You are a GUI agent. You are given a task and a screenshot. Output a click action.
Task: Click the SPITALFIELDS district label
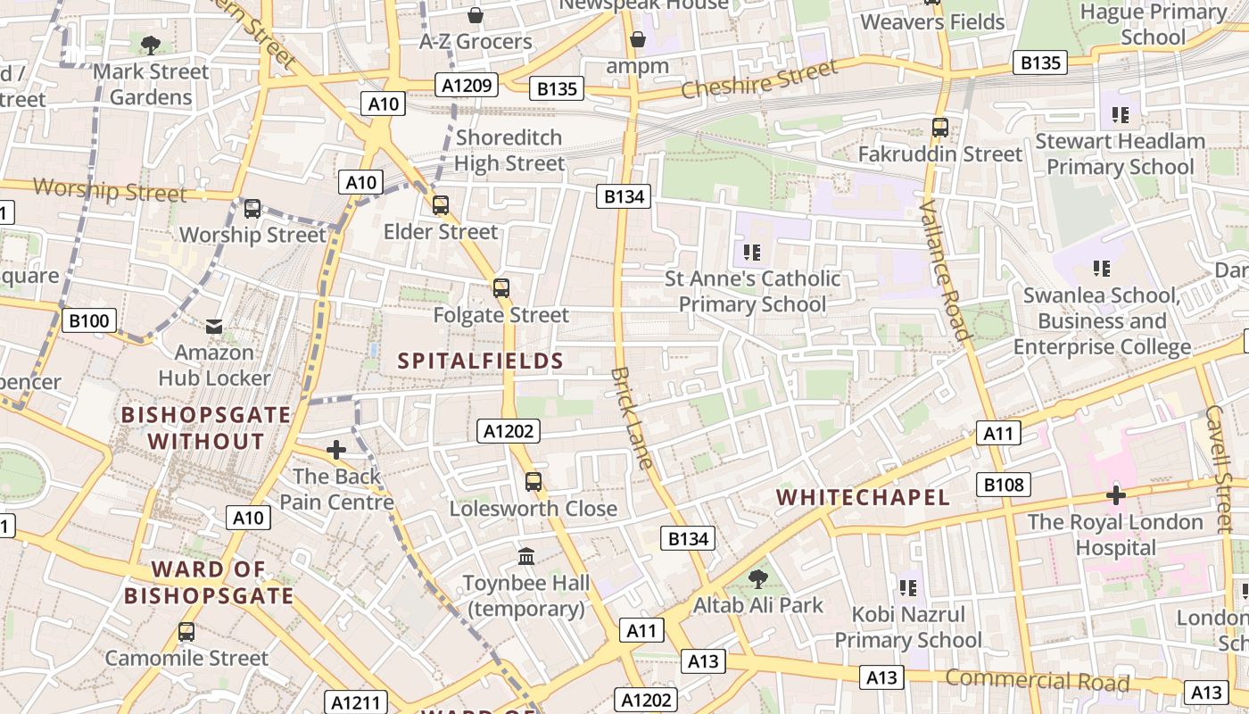pos(480,361)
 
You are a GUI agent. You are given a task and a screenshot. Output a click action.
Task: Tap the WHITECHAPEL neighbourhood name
pos(863,497)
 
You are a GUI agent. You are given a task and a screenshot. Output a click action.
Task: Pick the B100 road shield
pos(89,320)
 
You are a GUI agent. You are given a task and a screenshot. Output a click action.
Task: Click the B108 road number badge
pos(1004,485)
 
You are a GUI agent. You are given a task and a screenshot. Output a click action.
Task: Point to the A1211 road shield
pos(356,702)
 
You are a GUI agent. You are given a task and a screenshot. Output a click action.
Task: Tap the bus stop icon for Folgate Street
pos(501,288)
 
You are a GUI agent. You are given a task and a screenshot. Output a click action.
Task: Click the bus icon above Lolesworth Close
pos(534,482)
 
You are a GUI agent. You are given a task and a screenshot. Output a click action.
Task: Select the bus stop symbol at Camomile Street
pos(186,632)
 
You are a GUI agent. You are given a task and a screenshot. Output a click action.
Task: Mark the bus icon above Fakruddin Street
pos(940,128)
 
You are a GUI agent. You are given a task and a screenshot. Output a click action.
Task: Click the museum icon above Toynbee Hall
pos(526,557)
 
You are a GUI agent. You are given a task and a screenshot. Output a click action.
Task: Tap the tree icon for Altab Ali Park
pos(757,579)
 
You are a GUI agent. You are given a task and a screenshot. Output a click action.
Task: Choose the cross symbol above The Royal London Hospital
pos(1115,494)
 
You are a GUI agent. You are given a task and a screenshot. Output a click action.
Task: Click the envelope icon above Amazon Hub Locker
pos(214,327)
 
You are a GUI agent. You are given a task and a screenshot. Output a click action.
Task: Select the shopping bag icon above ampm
pos(637,39)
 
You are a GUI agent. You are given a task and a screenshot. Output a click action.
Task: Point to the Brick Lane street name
pos(633,417)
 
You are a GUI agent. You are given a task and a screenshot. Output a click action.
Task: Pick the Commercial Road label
pos(1037,681)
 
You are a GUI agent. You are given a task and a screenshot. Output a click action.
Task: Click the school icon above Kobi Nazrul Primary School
pos(908,588)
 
